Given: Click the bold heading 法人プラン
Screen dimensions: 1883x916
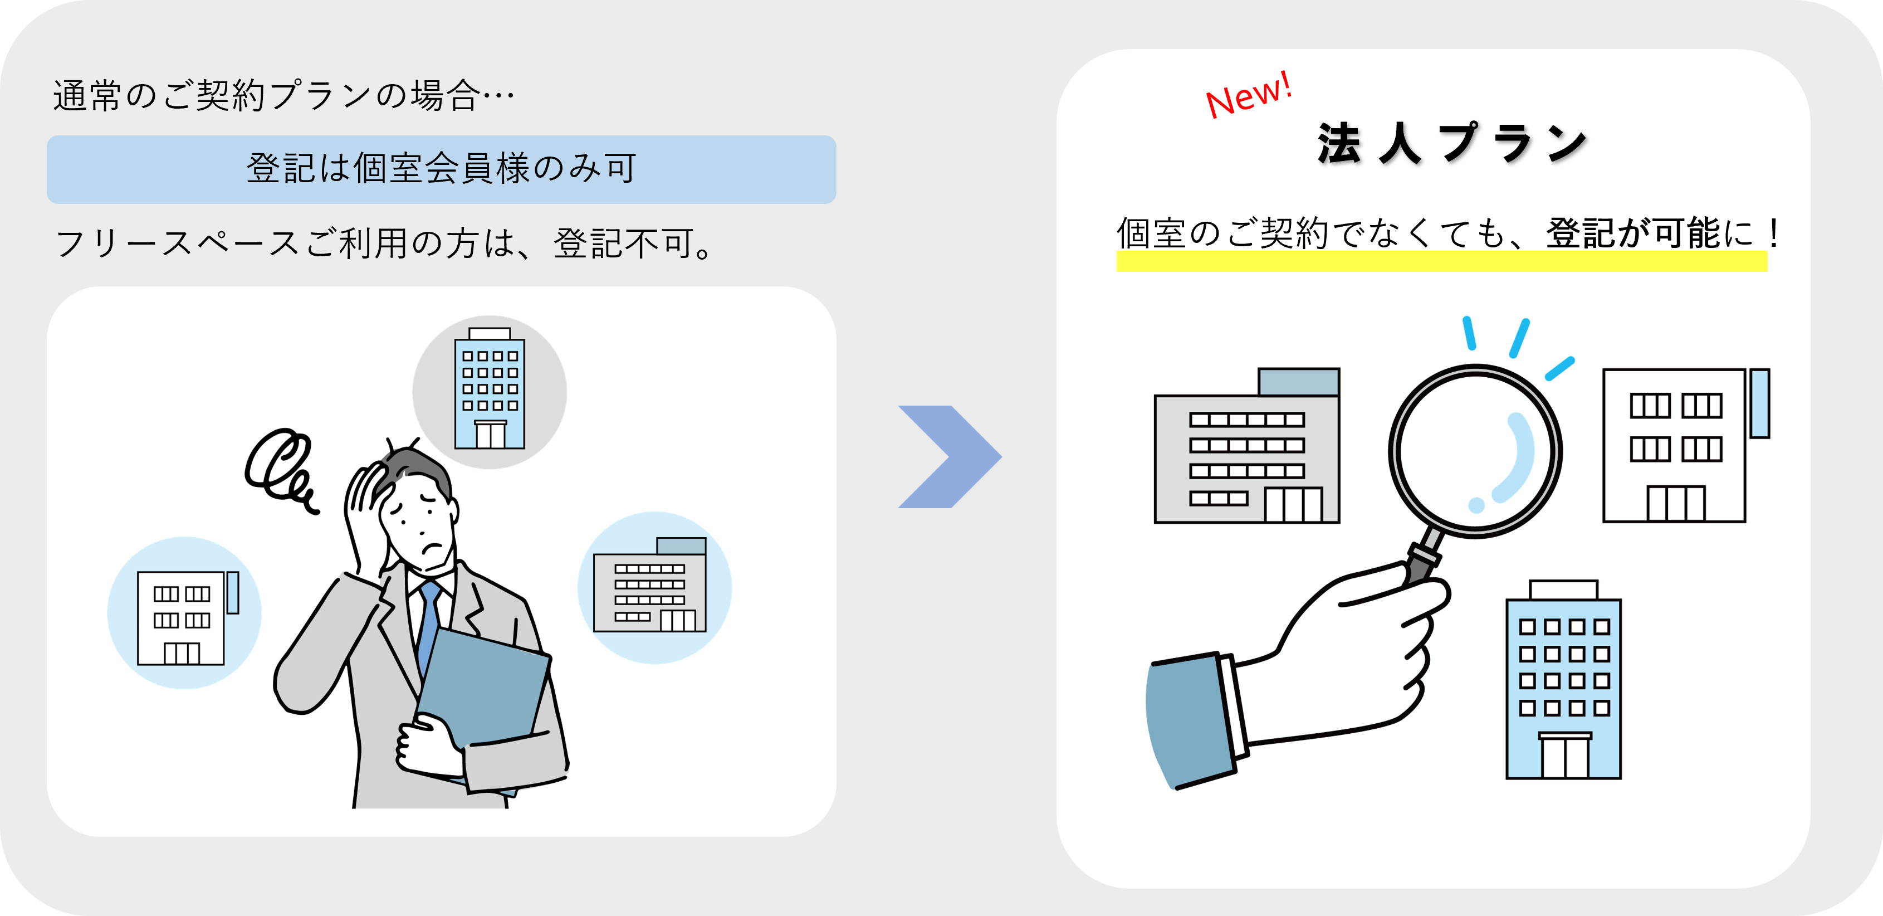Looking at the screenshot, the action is click(x=1452, y=143).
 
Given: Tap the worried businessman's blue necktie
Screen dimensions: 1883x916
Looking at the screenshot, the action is click(x=428, y=621).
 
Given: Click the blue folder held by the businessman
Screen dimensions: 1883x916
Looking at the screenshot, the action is click(x=482, y=687).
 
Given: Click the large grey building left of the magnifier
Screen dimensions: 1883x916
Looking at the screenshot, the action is click(x=1246, y=450).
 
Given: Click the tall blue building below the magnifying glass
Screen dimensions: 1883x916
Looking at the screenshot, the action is click(x=1563, y=684).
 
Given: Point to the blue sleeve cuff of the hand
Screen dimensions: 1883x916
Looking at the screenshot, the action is click(x=1188, y=720).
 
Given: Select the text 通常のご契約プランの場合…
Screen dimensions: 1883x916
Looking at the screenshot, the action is click(x=283, y=96).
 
